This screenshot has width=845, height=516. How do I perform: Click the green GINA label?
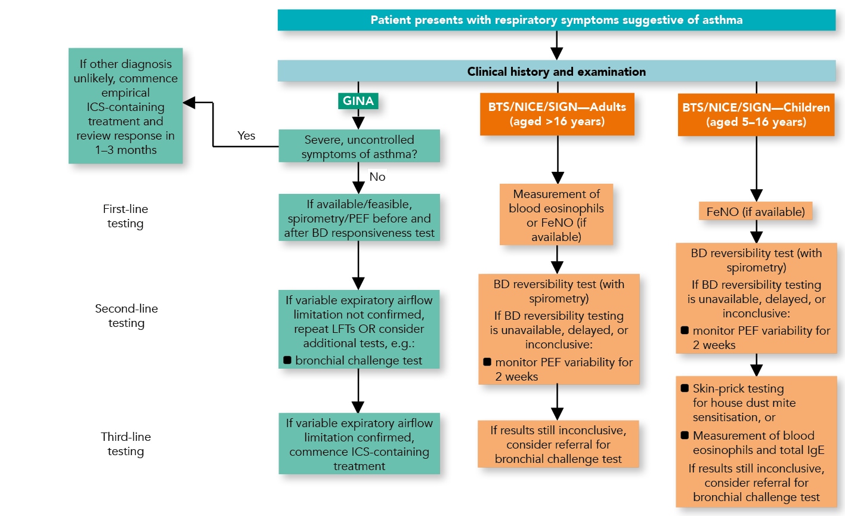coord(358,101)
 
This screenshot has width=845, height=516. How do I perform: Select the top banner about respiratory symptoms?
coord(556,20)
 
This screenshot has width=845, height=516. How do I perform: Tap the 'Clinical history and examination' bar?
coord(556,72)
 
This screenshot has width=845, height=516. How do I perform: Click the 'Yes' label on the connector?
coord(246,135)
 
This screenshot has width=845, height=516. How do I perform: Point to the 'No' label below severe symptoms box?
coord(377,177)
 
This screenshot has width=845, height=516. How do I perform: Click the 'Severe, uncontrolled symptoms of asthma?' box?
coord(359,147)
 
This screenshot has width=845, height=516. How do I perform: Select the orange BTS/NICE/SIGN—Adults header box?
coord(557,114)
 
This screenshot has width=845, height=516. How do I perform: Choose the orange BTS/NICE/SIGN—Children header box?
coord(756,115)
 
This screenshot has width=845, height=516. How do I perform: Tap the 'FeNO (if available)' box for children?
coord(756,212)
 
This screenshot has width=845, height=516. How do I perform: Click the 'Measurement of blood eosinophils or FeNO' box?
coord(556,215)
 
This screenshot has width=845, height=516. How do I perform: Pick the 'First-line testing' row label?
coord(125,216)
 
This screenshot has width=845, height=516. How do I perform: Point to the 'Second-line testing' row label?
coord(126,316)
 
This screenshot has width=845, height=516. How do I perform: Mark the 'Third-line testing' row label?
coord(126,444)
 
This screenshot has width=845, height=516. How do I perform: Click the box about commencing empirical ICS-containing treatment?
coord(126,106)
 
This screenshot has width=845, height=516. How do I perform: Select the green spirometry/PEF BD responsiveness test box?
coord(359,218)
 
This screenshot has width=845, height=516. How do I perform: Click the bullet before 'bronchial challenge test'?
coord(287,360)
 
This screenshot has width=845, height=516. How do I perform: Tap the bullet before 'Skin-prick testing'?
coord(684,388)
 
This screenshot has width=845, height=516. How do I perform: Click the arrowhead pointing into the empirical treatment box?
coord(189,103)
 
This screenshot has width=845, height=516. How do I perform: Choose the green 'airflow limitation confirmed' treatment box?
coord(359,444)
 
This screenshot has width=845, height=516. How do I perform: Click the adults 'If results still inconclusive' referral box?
coord(558,444)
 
